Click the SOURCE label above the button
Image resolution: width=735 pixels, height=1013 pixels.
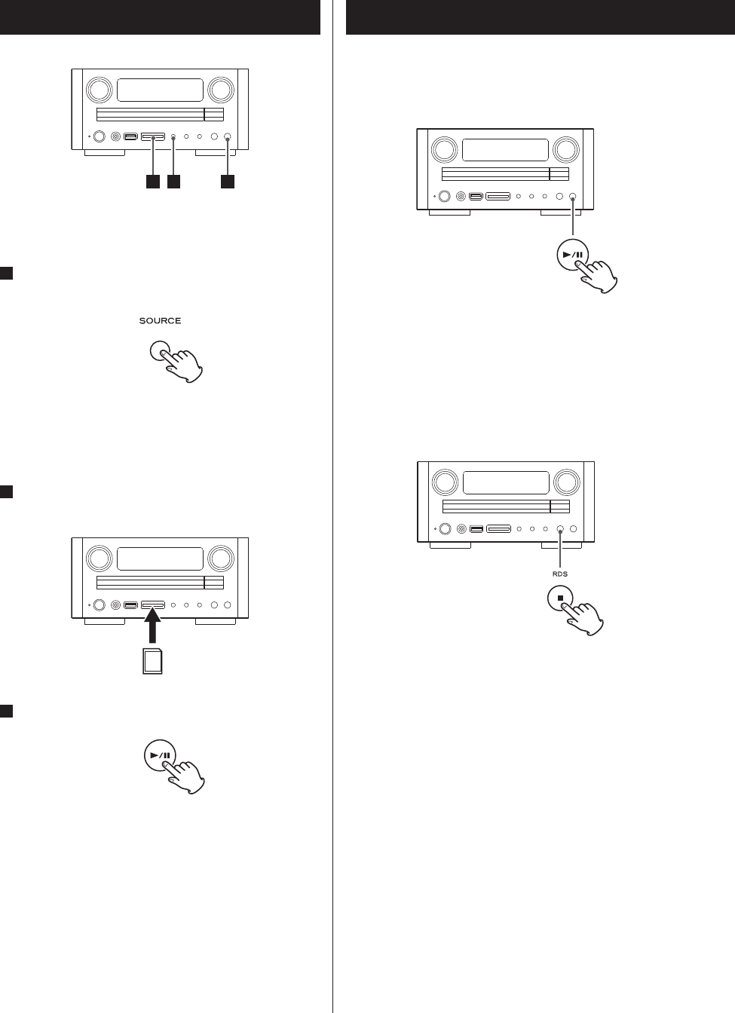pos(160,321)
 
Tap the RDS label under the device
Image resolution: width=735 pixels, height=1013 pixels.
pos(559,574)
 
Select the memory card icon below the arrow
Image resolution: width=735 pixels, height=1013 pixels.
pos(153,663)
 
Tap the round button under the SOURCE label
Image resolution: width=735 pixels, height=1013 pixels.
pos(160,351)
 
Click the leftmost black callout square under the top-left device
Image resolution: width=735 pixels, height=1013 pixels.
pos(153,182)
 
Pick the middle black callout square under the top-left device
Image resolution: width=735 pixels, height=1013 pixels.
pos(174,182)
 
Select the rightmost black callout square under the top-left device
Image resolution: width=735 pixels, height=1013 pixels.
pos(227,182)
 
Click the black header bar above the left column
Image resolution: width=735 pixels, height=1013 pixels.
pos(160,17)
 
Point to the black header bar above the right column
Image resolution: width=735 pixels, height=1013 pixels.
pos(541,17)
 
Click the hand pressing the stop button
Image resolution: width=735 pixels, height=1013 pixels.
pos(584,617)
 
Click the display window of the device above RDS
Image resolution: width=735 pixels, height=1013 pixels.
pos(505,483)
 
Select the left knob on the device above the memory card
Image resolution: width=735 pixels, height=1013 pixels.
pos(98,559)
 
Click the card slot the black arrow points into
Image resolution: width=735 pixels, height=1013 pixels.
pos(153,604)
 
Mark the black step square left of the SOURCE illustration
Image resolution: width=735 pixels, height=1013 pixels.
pos(6,274)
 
